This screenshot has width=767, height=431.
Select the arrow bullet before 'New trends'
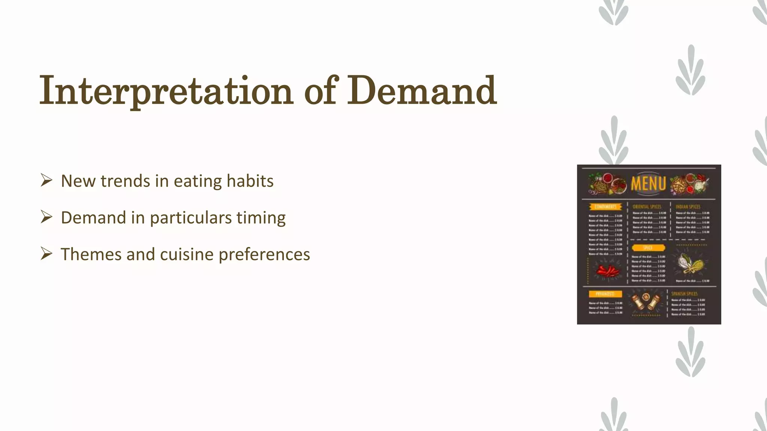tap(46, 180)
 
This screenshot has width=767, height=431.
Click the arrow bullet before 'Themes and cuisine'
tap(46, 254)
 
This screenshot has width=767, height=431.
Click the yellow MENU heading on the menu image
tap(648, 184)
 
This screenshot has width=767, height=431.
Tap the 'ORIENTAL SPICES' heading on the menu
tap(647, 207)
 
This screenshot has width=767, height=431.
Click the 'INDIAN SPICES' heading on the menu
tap(688, 207)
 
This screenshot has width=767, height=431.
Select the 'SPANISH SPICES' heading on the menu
tap(684, 294)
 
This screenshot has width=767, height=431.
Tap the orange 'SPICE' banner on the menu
tap(648, 248)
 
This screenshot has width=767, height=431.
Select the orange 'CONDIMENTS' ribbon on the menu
tap(605, 207)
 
